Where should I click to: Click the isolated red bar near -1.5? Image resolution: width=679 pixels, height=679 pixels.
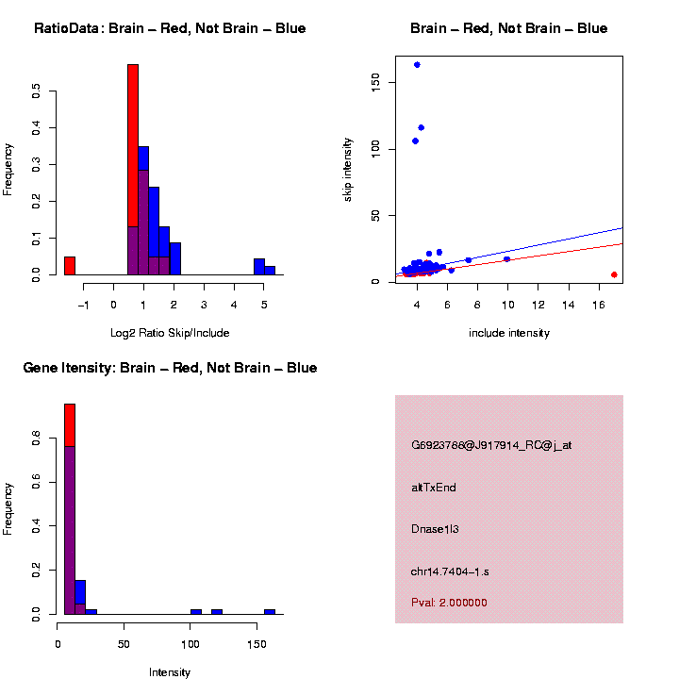70,265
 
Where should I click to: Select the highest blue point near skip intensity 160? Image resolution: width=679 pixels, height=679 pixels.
417,65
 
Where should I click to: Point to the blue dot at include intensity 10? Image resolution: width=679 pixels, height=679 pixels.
506,258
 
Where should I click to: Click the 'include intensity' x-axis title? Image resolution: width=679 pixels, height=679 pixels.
509,333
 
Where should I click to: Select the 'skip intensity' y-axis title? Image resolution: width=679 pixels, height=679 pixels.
348,169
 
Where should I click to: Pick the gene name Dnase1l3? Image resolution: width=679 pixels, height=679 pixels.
435,529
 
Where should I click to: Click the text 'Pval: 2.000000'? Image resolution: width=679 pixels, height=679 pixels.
449,603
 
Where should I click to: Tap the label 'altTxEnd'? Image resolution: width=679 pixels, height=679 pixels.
434,488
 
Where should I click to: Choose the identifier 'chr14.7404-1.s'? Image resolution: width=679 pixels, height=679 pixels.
450,571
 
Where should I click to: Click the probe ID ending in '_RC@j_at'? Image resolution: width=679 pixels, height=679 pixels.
491,445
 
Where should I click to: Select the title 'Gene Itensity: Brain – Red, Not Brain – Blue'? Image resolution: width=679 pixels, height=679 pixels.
170,368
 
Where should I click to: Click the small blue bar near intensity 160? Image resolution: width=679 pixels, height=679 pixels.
270,611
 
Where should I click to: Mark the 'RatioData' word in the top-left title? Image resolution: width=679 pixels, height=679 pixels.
64,28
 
